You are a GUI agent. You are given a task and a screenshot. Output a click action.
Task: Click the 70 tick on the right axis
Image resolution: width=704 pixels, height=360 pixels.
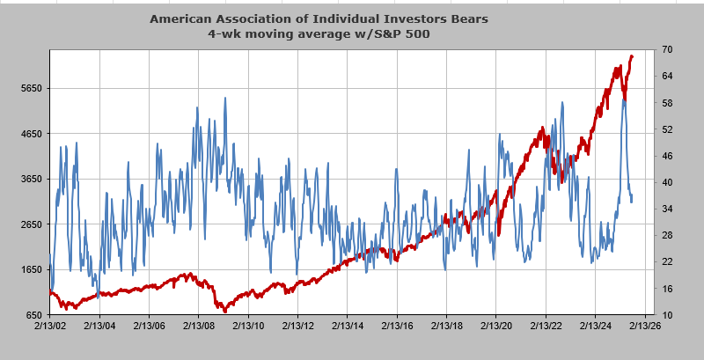pyautogui.click(x=668, y=50)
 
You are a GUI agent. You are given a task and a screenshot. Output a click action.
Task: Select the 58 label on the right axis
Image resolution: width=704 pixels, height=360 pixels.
pyautogui.click(x=668, y=103)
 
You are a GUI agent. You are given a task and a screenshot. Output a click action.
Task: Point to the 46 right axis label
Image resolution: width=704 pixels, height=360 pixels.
pyautogui.click(x=668, y=156)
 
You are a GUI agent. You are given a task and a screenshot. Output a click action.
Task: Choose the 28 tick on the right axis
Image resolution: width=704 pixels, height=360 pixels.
pyautogui.click(x=668, y=235)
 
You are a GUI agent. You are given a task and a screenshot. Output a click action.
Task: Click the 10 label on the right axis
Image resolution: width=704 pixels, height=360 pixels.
pyautogui.click(x=668, y=314)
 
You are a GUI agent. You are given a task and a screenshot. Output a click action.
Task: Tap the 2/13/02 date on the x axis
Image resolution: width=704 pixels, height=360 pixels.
pyautogui.click(x=49, y=325)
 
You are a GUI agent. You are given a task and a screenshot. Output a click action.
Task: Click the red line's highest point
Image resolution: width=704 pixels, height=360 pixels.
pyautogui.click(x=631, y=56)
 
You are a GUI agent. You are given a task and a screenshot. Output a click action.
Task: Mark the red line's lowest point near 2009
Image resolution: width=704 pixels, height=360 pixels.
pyautogui.click(x=224, y=311)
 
